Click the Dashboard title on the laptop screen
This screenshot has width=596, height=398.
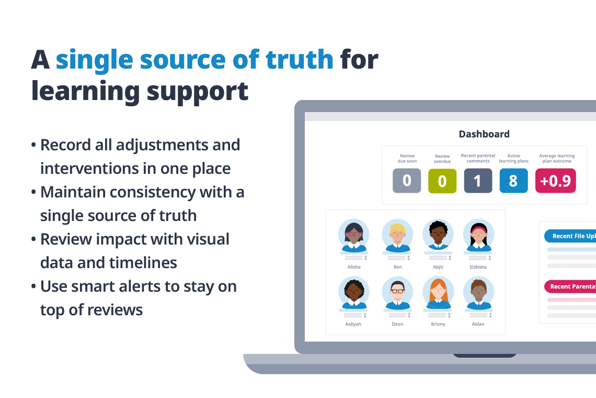point(484,134)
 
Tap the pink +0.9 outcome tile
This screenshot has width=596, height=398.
point(555,181)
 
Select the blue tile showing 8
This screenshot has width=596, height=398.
point(513,181)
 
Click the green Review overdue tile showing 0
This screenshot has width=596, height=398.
point(442,181)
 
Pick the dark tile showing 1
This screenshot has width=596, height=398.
point(477,181)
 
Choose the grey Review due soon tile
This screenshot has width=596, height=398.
point(407,181)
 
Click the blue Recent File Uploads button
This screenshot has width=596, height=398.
point(570,236)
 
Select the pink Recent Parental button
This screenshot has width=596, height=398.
point(570,286)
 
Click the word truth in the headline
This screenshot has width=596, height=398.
point(299,59)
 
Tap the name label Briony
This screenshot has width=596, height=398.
point(438,324)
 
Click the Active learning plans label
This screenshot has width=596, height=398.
point(513,158)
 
